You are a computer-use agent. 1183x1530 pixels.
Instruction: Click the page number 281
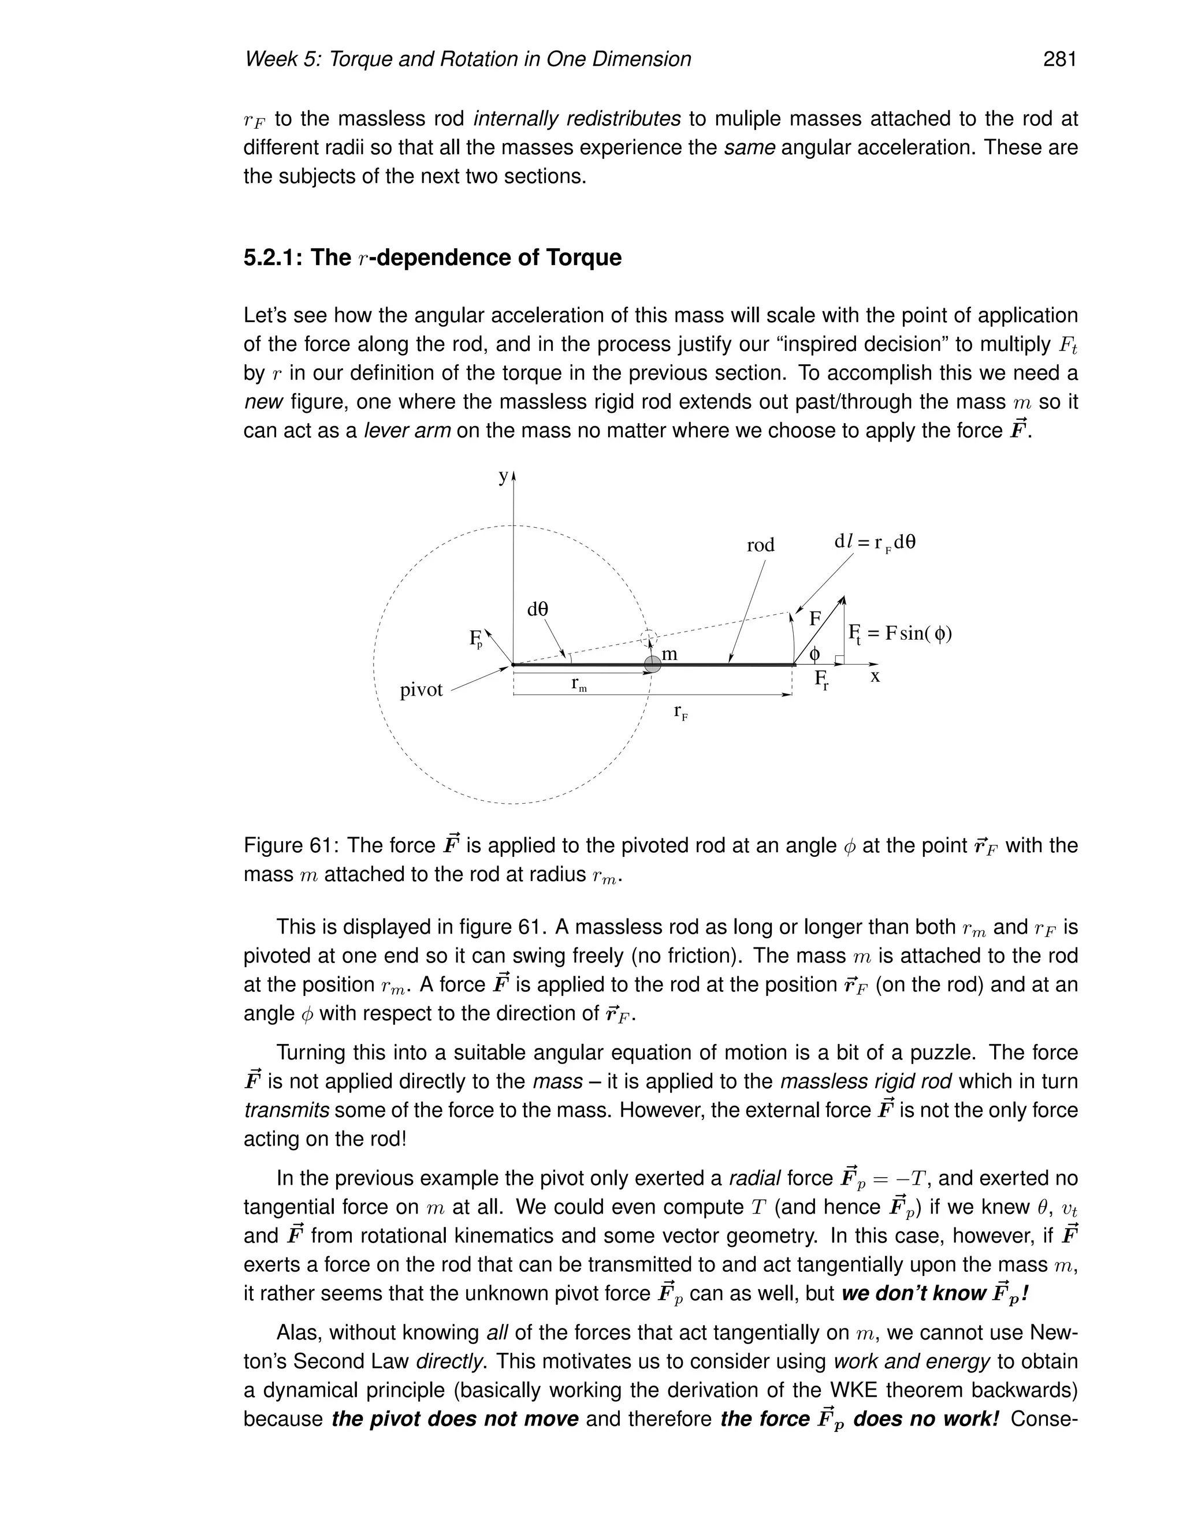(x=1059, y=59)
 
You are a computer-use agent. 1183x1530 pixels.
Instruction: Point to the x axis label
(x=875, y=676)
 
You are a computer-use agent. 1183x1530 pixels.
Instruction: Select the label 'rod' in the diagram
(x=760, y=545)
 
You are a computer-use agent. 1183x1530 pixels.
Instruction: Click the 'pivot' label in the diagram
(x=421, y=690)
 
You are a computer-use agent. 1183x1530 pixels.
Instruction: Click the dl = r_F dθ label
(x=874, y=542)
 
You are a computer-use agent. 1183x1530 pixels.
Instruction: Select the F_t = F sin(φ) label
(x=900, y=634)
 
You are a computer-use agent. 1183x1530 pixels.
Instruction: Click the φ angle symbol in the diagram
(x=814, y=654)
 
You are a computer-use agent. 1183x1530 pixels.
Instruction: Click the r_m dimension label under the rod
(x=578, y=684)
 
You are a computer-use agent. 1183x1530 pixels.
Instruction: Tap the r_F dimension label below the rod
(x=680, y=712)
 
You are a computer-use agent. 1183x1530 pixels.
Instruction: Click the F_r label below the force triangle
(x=821, y=679)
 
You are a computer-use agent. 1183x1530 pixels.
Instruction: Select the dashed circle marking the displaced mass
(x=650, y=637)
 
